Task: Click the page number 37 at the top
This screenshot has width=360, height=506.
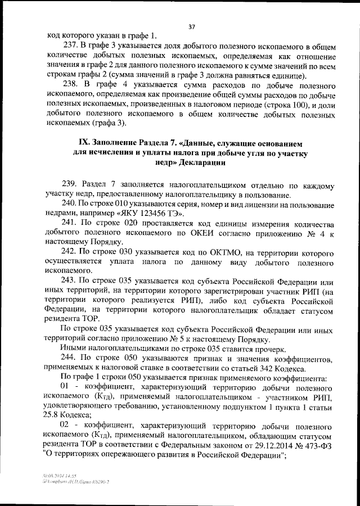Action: (x=191, y=26)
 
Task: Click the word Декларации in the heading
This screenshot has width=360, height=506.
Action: (x=203, y=162)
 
